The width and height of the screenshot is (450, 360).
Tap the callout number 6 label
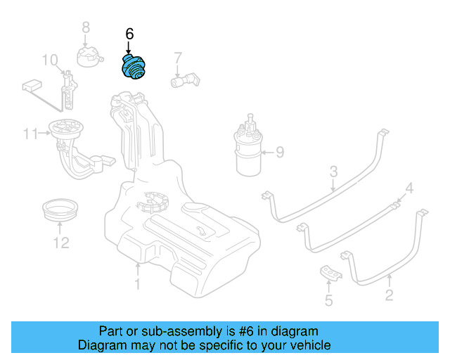129,34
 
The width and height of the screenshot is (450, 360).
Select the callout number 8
86,27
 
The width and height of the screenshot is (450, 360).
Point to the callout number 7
178,58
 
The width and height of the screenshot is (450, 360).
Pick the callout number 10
50,60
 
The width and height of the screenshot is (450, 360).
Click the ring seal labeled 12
60,209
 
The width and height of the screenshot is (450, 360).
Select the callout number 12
61,243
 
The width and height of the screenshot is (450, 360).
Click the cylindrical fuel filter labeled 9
248,152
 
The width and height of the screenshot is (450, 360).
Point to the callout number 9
279,151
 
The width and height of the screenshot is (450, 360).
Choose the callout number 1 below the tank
138,284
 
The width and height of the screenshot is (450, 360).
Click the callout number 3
334,171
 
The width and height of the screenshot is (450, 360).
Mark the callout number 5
328,302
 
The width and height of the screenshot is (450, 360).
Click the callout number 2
389,296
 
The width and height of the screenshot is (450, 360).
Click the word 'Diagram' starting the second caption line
100,345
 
